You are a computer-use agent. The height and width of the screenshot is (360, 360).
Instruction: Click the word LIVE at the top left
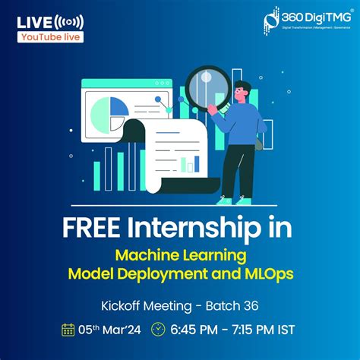pos(35,21)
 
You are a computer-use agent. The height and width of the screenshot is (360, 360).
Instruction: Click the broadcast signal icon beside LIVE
pos(70,21)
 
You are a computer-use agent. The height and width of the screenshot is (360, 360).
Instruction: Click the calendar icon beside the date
pos(68,329)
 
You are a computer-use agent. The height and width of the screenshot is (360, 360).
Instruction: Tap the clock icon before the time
pos(158,329)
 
